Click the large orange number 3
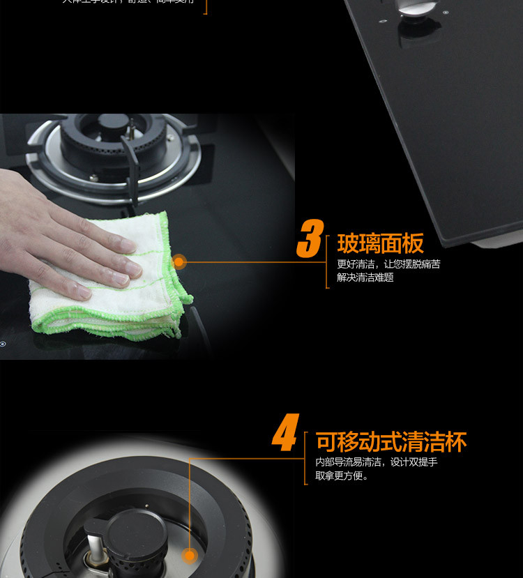tap(310, 239)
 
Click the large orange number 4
tap(285, 433)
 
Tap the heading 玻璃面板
tap(380, 243)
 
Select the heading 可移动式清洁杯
tap(391, 442)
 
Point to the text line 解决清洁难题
tap(365, 277)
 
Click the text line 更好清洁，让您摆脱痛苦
tap(388, 264)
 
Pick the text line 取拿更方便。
tap(342, 476)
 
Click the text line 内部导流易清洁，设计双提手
tap(377, 462)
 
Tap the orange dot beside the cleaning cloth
tap(179, 262)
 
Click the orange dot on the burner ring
tap(189, 556)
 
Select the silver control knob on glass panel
tap(411, 8)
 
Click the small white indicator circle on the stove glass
tap(3, 343)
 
